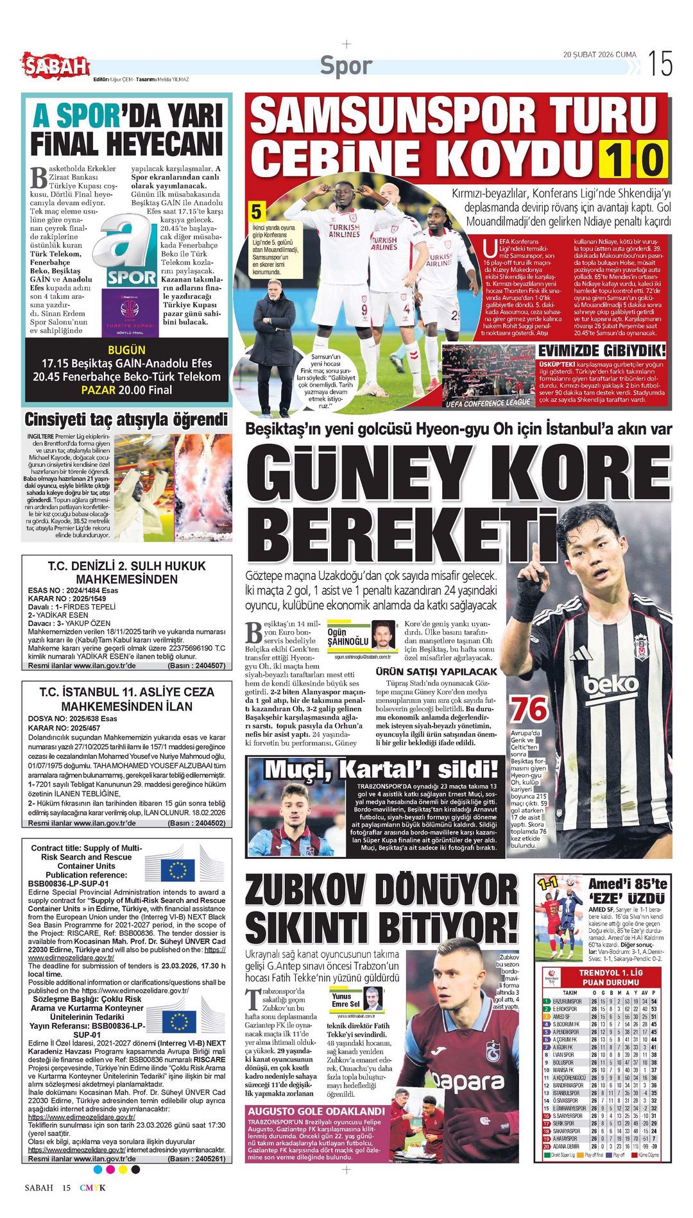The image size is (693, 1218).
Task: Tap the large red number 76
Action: [x=529, y=709]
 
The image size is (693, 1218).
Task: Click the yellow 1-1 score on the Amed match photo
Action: [x=548, y=884]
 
